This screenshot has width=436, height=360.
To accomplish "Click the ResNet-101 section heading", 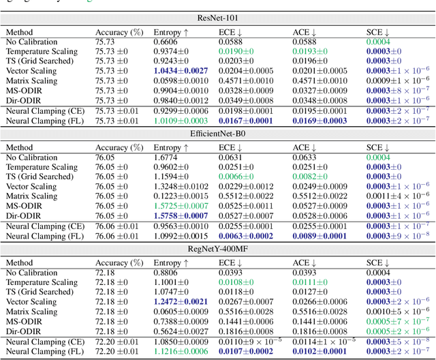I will [x=217, y=18].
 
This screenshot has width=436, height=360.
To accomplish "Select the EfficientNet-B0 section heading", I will [x=217, y=134].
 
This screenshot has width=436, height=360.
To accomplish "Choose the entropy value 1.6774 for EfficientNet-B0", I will [x=166, y=157].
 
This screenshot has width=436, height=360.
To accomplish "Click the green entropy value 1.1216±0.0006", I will [x=180, y=352].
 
